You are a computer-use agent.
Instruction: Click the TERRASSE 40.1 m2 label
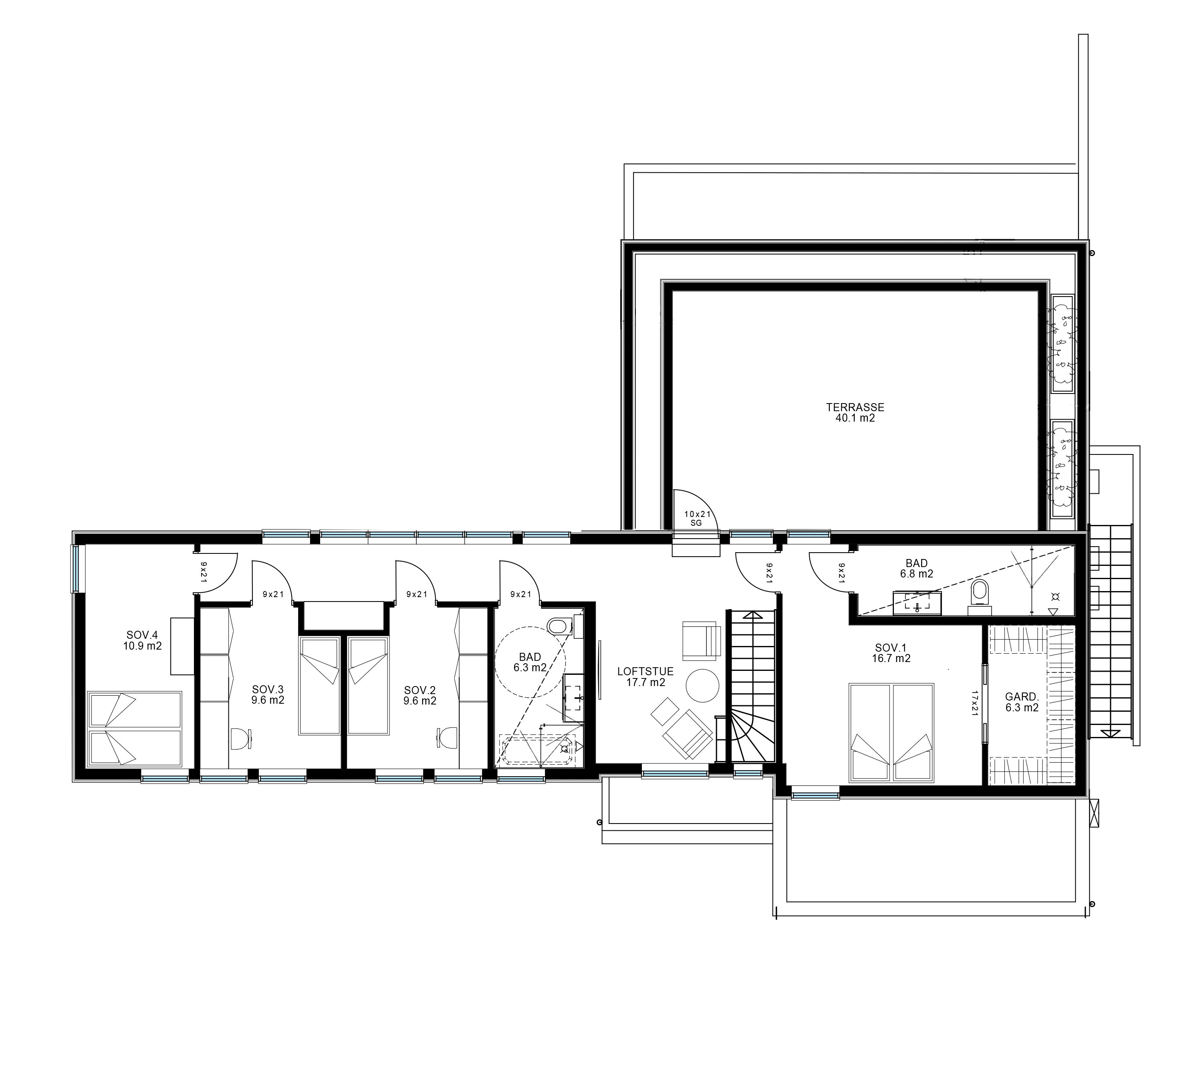[855, 413]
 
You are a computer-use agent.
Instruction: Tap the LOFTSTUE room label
[645, 672]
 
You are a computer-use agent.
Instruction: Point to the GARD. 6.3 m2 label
[1022, 702]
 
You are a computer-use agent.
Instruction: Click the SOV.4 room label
[143, 635]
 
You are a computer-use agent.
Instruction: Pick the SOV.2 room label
[419, 690]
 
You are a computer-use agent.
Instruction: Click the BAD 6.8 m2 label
[916, 568]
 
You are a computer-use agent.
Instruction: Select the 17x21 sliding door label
[974, 703]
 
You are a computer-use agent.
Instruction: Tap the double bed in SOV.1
[891, 733]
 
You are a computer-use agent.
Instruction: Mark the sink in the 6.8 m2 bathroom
[917, 603]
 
